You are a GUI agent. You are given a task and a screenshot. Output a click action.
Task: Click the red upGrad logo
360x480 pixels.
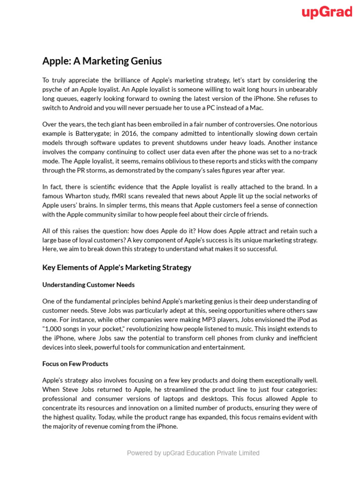pos(327,13)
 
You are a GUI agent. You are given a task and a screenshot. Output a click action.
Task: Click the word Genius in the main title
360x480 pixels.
pos(144,61)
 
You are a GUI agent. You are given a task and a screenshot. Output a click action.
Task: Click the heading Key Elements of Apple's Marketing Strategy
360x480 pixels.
pos(117,268)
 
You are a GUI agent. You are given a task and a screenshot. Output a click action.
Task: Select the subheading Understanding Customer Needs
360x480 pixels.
pos(88,285)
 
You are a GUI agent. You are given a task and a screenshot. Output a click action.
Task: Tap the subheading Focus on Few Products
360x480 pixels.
pos(75,364)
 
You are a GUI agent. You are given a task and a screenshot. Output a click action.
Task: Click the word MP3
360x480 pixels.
pos(196,320)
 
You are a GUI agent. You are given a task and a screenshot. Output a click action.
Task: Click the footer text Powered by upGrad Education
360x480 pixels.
pos(193,453)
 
